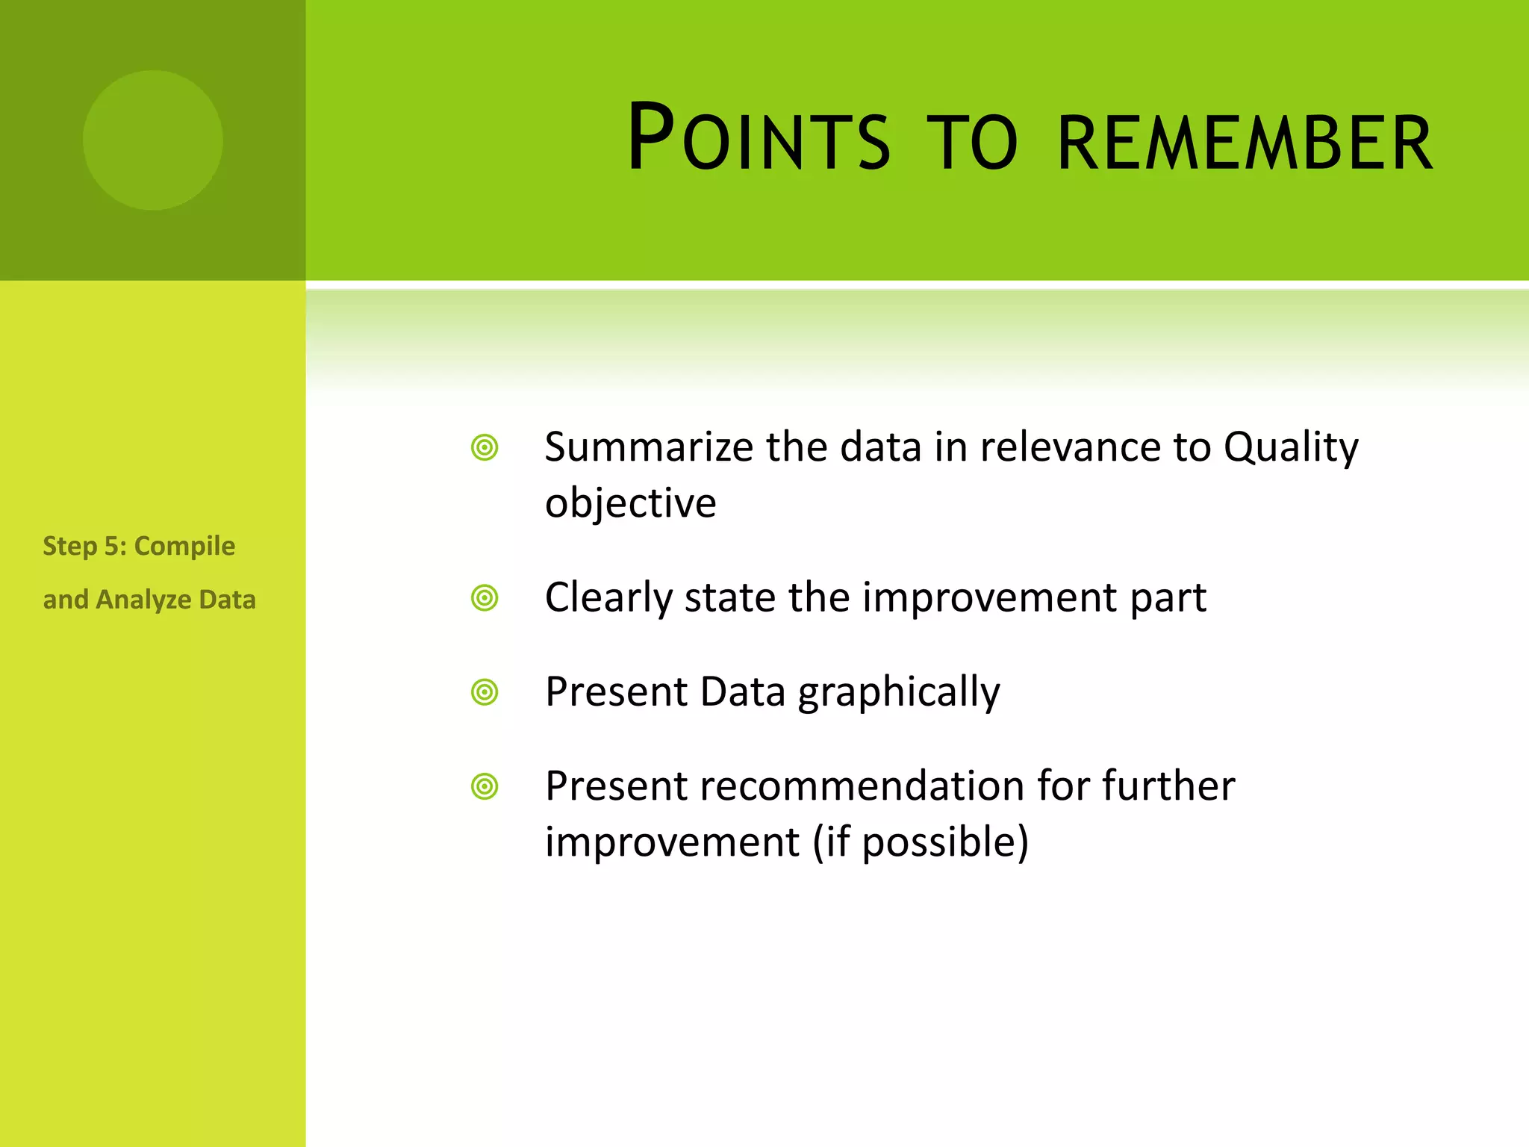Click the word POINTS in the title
coord(759,139)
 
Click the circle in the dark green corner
coord(152,140)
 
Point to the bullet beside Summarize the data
coord(485,448)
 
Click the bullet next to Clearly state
coord(485,598)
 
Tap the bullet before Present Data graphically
coord(485,692)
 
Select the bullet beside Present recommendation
coord(485,786)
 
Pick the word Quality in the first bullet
coord(1290,447)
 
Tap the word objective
coord(630,503)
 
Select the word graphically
coord(898,692)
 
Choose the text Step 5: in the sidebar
coord(84,546)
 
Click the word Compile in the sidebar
coord(184,546)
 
